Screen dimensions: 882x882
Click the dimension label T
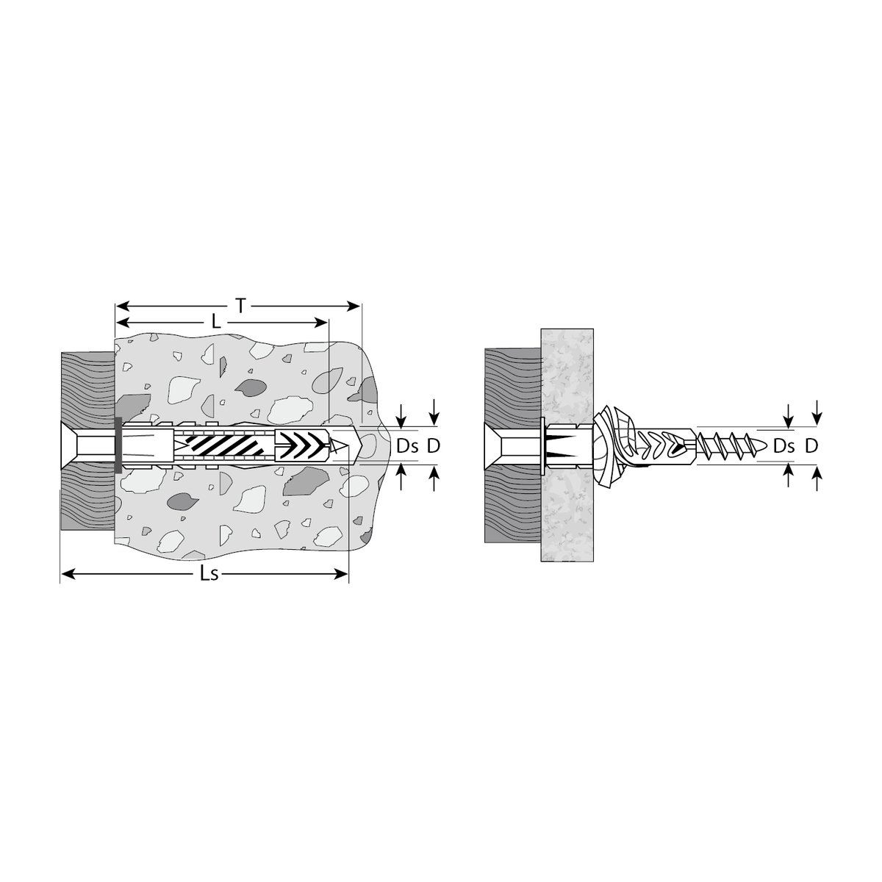(241, 306)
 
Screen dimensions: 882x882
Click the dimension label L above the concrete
(216, 323)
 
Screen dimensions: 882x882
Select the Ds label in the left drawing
(407, 446)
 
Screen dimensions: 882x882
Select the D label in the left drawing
(434, 446)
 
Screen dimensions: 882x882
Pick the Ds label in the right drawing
(784, 446)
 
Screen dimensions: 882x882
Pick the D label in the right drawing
(811, 446)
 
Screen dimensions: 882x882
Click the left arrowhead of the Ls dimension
(68, 574)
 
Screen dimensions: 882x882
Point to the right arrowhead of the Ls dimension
(342, 574)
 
